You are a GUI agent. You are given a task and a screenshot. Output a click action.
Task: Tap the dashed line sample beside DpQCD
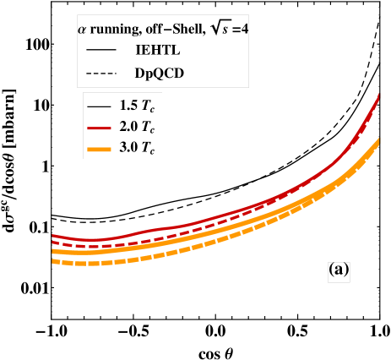pos(100,74)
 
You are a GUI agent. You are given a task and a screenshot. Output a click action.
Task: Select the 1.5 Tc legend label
pos(138,107)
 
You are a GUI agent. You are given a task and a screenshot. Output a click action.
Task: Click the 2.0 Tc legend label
pos(138,128)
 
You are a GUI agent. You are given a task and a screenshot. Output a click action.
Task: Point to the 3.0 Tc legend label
pos(138,149)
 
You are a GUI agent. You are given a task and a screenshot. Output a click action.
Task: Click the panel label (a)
pos(338,270)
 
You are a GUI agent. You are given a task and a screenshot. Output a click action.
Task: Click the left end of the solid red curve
pos(53,236)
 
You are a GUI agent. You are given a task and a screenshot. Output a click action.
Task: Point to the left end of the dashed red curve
pos(53,243)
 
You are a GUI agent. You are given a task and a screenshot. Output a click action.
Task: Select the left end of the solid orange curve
pos(53,251)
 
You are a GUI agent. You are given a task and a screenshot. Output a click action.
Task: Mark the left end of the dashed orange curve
pos(53,261)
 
